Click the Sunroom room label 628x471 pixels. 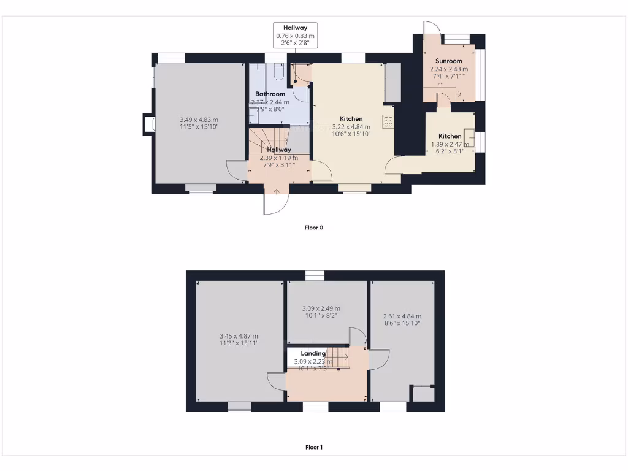tap(448, 61)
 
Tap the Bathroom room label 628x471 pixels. tap(270, 94)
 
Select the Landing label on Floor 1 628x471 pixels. tap(313, 354)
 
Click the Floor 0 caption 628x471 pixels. tap(313, 228)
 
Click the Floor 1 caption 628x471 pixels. tap(313, 447)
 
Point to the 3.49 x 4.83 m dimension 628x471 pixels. tap(199, 120)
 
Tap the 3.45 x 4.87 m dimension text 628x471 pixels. tap(239, 336)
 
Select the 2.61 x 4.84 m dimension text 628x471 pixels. tap(403, 316)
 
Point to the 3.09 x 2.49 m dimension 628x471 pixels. tap(321, 308)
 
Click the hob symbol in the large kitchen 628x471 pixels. tap(388, 121)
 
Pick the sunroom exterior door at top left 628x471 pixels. tap(431, 30)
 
